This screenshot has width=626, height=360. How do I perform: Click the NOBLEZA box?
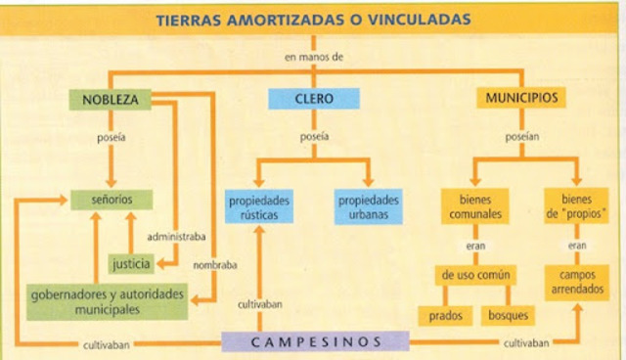[x=110, y=100]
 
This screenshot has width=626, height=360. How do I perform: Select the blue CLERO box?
[x=313, y=100]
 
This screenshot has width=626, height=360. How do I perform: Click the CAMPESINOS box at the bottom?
[x=314, y=341]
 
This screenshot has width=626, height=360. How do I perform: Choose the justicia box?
[x=131, y=263]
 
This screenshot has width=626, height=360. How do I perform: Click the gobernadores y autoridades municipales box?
[x=96, y=301]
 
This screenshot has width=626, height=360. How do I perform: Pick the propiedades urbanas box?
[x=369, y=206]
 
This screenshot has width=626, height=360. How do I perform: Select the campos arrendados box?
[x=577, y=282]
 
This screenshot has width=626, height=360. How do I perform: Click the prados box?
[x=446, y=316]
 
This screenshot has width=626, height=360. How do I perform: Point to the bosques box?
[x=509, y=316]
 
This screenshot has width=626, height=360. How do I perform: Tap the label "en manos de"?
[x=314, y=58]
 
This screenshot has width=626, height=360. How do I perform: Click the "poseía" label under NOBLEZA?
[x=110, y=137]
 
